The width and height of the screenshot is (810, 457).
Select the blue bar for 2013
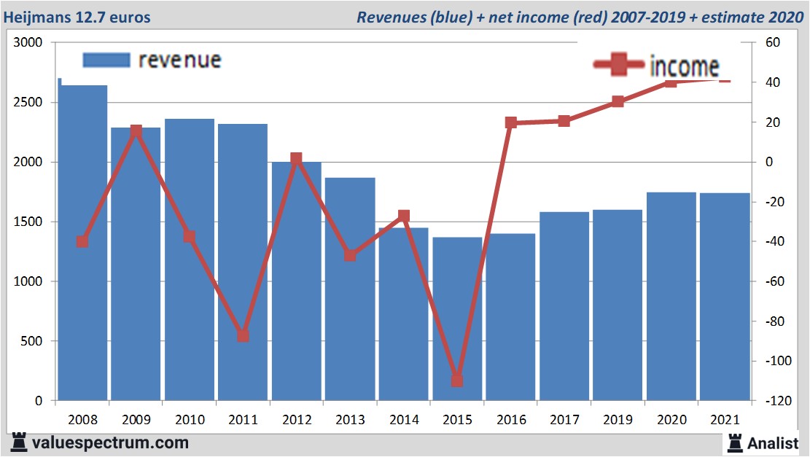350,292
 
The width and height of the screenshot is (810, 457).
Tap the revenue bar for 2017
564,306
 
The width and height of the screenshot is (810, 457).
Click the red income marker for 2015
457,380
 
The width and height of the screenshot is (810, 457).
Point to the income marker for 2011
243,335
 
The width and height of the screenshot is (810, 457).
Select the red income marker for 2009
136,131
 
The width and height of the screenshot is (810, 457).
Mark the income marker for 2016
511,122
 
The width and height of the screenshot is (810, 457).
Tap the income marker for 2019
618,101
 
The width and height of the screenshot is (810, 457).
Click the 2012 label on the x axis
297,420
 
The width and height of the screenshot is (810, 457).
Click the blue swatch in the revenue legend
106,60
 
